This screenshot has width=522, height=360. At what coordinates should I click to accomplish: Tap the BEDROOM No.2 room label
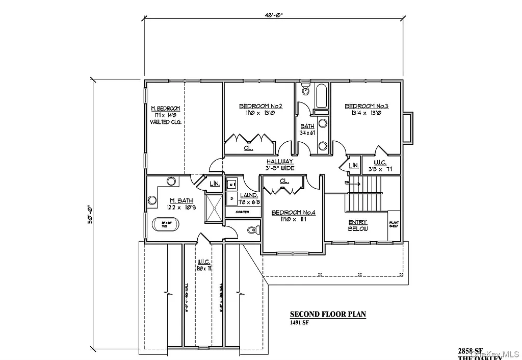pos(260,107)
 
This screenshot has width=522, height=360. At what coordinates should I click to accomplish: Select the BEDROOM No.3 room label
pos(367,107)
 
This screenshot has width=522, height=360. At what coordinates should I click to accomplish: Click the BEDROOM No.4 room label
pos(293,213)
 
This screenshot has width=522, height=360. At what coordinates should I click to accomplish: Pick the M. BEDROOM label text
pos(165,109)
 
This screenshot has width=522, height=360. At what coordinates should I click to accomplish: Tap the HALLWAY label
pos(280,161)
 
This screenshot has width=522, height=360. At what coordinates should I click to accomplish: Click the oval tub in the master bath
pos(164,224)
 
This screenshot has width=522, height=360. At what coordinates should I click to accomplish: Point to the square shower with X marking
pos(215,209)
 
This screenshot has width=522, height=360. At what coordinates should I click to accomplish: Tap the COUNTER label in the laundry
pos(242,212)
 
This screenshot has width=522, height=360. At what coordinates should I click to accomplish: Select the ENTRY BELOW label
pos(357,225)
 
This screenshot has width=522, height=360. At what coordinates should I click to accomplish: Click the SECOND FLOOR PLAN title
pos(328,314)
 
